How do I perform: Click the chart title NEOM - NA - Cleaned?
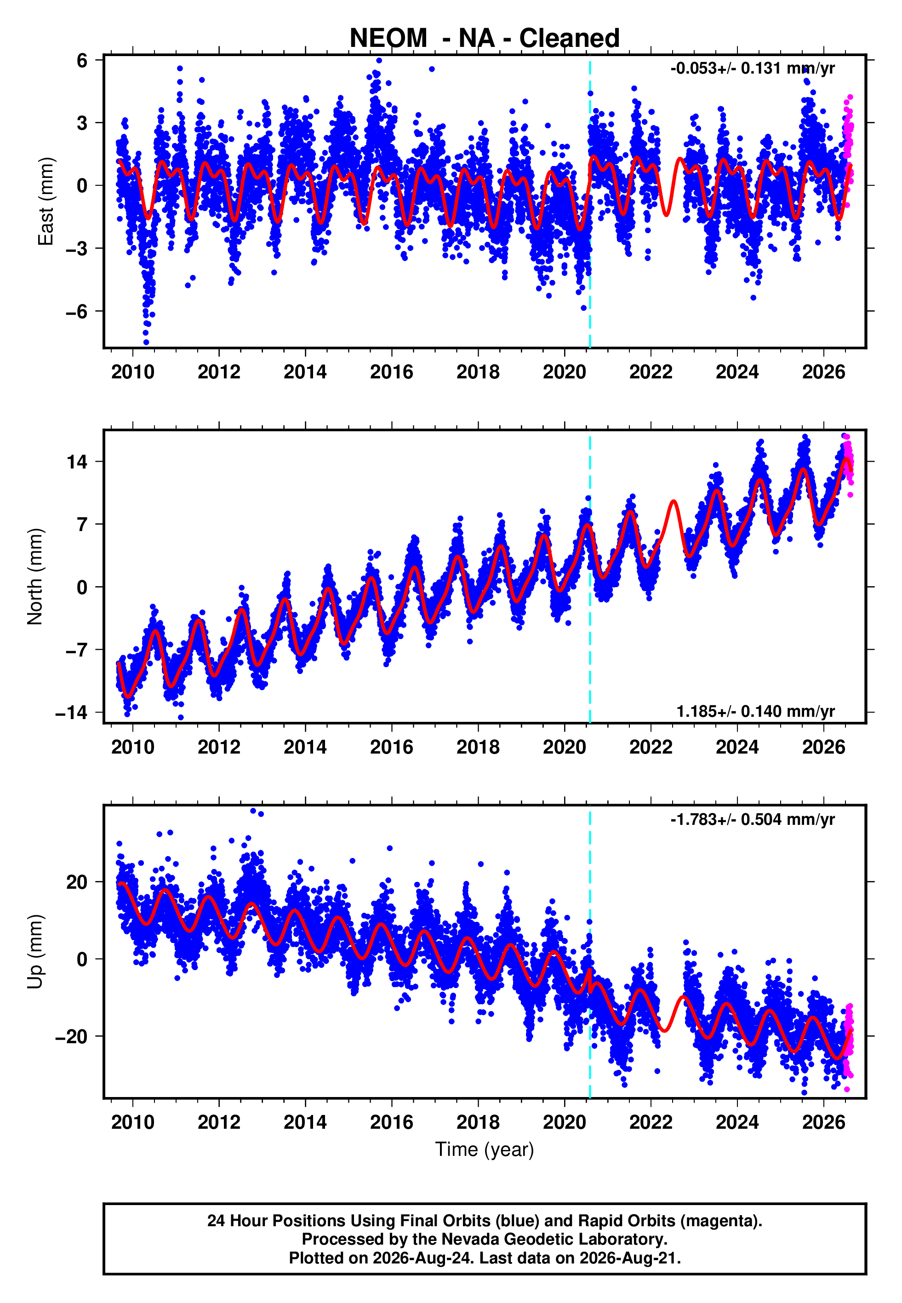[485, 39]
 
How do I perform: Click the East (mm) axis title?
[45, 201]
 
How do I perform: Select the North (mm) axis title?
[34, 577]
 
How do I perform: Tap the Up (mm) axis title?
[35, 952]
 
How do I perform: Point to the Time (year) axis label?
[485, 1149]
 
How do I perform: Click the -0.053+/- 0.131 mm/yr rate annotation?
[752, 69]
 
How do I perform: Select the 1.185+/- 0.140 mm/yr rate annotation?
[756, 711]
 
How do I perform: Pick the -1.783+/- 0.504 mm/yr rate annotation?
[752, 819]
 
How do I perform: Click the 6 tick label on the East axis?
[82, 60]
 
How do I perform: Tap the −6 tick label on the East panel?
[76, 311]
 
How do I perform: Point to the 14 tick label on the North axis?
[77, 462]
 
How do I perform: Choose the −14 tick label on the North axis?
[72, 713]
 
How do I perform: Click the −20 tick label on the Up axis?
[72, 1036]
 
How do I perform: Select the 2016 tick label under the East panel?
[392, 372]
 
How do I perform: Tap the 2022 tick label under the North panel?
[651, 747]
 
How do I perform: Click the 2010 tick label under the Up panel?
[133, 1122]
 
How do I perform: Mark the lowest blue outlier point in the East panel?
[146, 342]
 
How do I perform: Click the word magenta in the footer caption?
[717, 1221]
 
